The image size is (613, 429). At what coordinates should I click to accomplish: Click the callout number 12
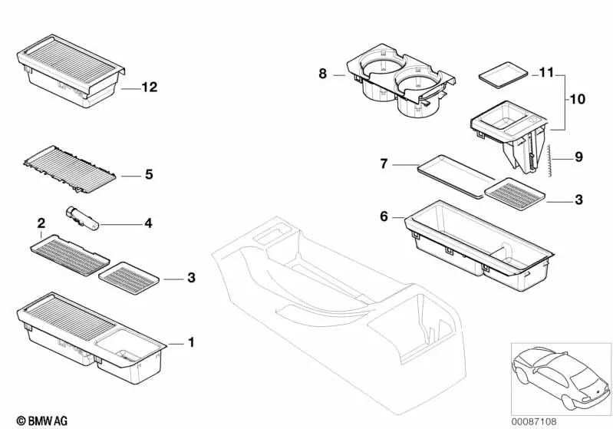[x=149, y=87]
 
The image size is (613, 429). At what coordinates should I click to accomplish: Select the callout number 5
[x=149, y=174]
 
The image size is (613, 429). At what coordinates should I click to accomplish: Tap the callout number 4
[x=148, y=224]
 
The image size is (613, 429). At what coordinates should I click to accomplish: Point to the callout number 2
[x=41, y=223]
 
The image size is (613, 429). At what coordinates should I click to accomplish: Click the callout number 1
[x=192, y=342]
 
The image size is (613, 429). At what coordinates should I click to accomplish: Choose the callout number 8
[x=323, y=74]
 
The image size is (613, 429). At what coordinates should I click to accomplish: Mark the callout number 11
[x=545, y=73]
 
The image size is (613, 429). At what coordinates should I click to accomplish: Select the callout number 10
[x=576, y=100]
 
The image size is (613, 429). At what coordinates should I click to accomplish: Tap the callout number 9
[x=578, y=157]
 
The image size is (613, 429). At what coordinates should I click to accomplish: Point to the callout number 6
[x=384, y=218]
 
